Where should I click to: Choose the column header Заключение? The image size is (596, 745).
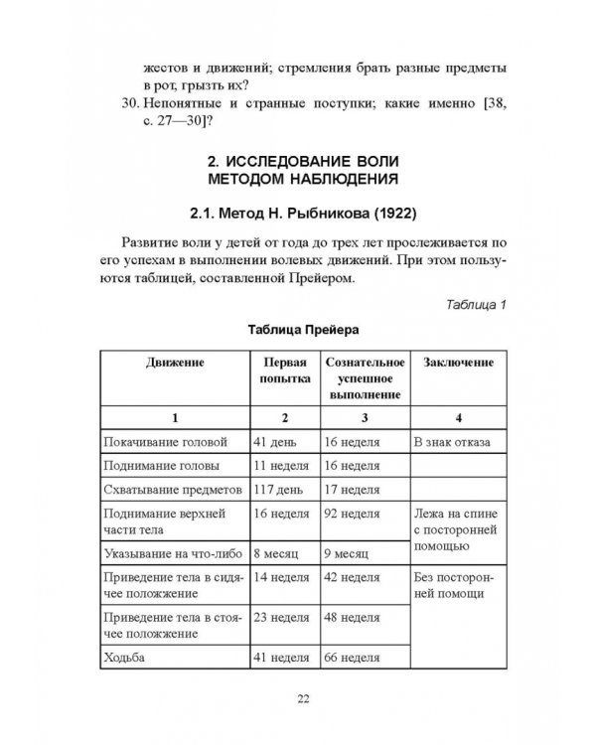(458, 363)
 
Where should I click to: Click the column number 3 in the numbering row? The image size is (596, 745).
(366, 417)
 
